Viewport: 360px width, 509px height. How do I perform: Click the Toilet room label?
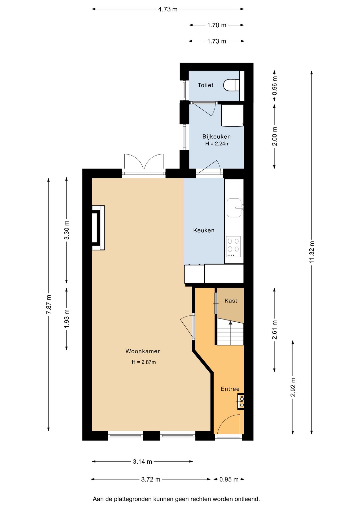click(205, 85)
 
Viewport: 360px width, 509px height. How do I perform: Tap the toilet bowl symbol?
click(231, 85)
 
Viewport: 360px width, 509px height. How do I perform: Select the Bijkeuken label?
click(217, 137)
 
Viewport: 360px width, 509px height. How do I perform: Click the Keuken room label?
click(204, 230)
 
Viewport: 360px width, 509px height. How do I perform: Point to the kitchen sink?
click(235, 208)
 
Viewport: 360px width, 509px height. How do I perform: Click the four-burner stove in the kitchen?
click(233, 246)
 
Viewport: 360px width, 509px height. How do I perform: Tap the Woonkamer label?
click(143, 351)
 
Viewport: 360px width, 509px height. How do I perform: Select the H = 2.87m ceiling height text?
click(144, 362)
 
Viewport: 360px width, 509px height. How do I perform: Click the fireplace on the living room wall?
click(98, 228)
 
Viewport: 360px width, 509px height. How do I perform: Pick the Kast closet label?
click(231, 300)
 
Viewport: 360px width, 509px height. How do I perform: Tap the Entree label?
click(230, 389)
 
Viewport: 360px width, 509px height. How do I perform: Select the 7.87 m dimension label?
click(49, 304)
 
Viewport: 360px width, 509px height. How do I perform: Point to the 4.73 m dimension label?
click(168, 9)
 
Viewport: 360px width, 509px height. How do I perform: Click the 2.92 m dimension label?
click(293, 387)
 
